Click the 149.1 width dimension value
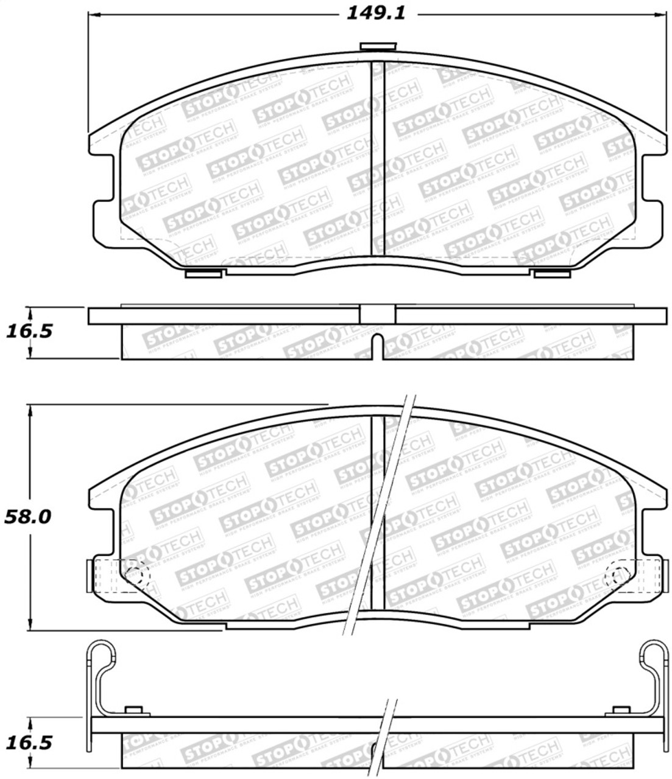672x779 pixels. click(x=375, y=13)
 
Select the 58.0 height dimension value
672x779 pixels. click(x=28, y=517)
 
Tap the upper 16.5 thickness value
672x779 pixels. click(x=28, y=331)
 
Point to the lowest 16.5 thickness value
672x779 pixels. click(x=28, y=742)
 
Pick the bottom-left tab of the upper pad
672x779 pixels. click(x=202, y=274)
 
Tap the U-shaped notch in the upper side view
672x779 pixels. click(x=377, y=344)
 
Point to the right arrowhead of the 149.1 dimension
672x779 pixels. click(x=660, y=13)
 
